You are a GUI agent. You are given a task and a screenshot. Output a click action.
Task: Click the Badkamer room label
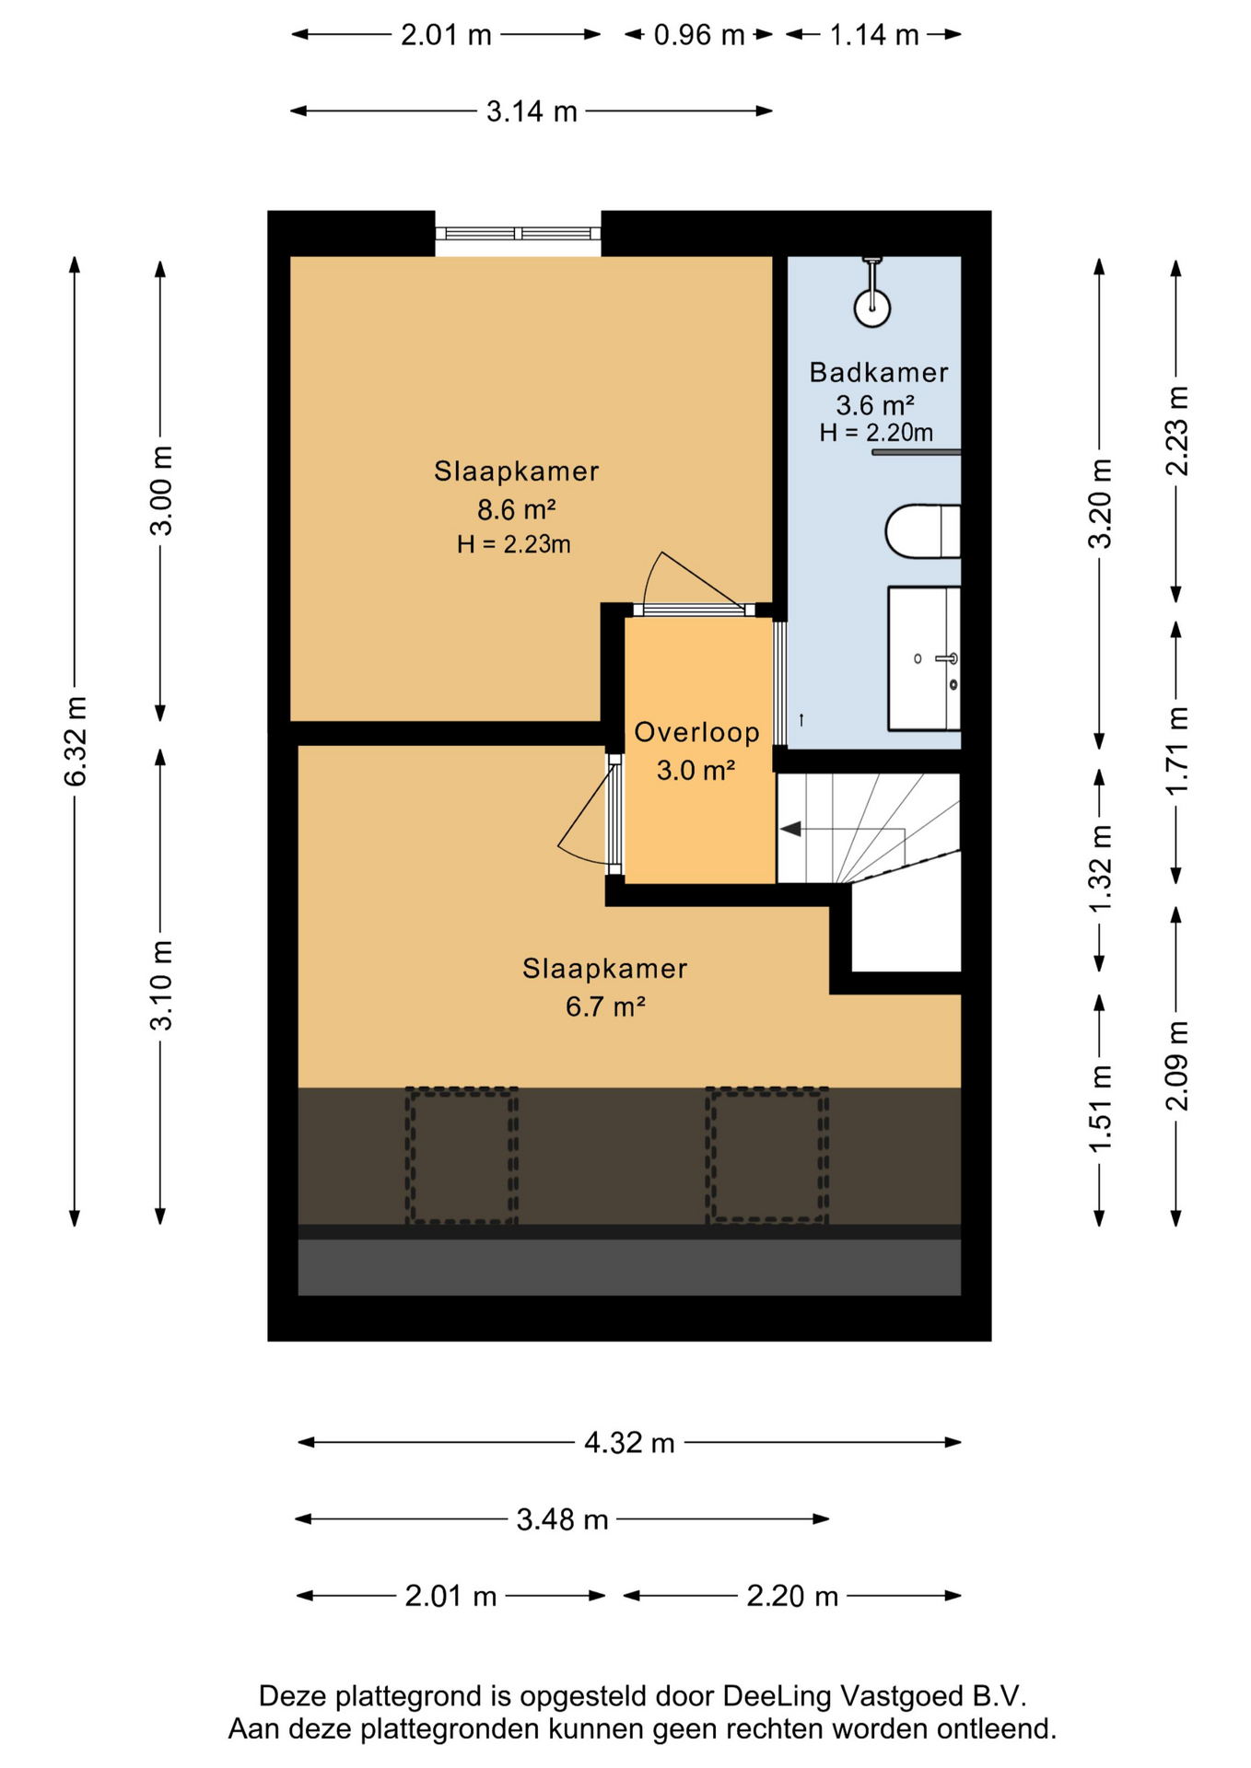pyautogui.click(x=878, y=372)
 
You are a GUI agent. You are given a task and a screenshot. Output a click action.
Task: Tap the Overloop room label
pyautogui.click(x=696, y=732)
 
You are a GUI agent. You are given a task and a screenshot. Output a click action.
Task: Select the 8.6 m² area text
pyautogui.click(x=516, y=508)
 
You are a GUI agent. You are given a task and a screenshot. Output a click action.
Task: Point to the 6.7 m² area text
pyautogui.click(x=604, y=1006)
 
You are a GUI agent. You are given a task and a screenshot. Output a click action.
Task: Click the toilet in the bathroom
pyautogui.click(x=922, y=530)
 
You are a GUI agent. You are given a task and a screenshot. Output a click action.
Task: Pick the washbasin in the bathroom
pyautogui.click(x=924, y=658)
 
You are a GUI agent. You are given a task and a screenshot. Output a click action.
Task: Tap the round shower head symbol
pyautogui.click(x=871, y=308)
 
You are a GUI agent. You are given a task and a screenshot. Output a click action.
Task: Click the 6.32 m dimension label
pyautogui.click(x=76, y=741)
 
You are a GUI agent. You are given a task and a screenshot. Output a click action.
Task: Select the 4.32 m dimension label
pyautogui.click(x=629, y=1442)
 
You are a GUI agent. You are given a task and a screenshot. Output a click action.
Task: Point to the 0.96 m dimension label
pyautogui.click(x=699, y=35)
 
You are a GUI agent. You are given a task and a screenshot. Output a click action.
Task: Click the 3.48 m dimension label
pyautogui.click(x=562, y=1518)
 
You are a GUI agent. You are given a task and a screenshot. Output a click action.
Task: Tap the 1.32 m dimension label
pyautogui.click(x=1100, y=868)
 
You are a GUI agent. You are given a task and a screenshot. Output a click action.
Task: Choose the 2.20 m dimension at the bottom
pyautogui.click(x=792, y=1595)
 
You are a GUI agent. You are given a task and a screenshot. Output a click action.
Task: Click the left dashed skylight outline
pyautogui.click(x=462, y=1156)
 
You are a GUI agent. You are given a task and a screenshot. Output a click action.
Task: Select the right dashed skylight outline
pyautogui.click(x=766, y=1156)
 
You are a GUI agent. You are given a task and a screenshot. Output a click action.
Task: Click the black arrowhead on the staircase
pyautogui.click(x=789, y=830)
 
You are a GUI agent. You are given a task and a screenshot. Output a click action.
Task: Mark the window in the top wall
pyautogui.click(x=518, y=234)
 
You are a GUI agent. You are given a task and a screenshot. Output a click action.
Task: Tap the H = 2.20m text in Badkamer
pyautogui.click(x=876, y=432)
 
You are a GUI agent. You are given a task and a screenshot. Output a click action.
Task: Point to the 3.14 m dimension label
pyautogui.click(x=532, y=111)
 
